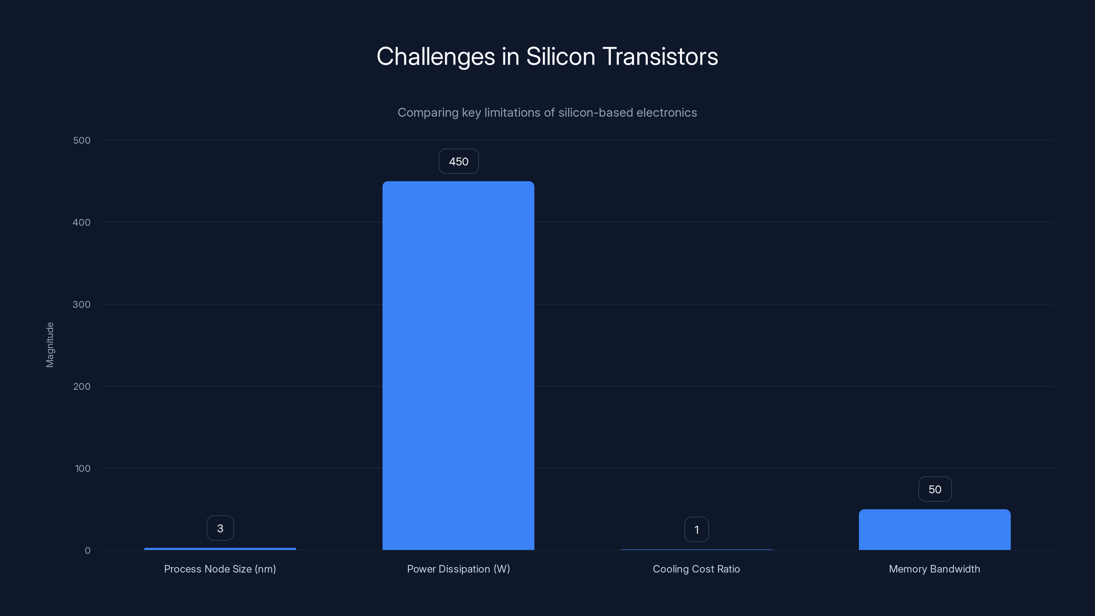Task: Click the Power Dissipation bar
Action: [458, 365]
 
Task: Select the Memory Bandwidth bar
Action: [934, 530]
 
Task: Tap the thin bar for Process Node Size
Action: [220, 549]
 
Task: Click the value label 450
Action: [459, 162]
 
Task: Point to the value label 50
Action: [935, 489]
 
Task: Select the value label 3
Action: [220, 528]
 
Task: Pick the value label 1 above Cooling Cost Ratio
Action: [696, 530]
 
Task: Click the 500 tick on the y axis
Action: [82, 140]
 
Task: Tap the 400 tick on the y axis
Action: [82, 222]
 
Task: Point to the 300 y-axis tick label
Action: [82, 304]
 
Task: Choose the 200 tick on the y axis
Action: [82, 386]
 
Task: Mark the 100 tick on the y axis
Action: [82, 469]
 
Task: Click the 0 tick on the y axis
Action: [88, 551]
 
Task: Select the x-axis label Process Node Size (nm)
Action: [220, 569]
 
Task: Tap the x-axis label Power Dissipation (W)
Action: [458, 569]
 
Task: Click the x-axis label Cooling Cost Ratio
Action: [696, 569]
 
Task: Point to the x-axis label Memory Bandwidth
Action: [934, 569]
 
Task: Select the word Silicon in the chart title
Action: [561, 56]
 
